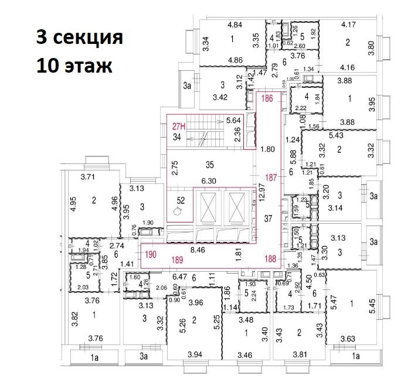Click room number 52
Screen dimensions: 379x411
coord(181,200)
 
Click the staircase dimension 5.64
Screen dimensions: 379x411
coord(234,122)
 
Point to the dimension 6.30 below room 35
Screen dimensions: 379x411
coord(208,181)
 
